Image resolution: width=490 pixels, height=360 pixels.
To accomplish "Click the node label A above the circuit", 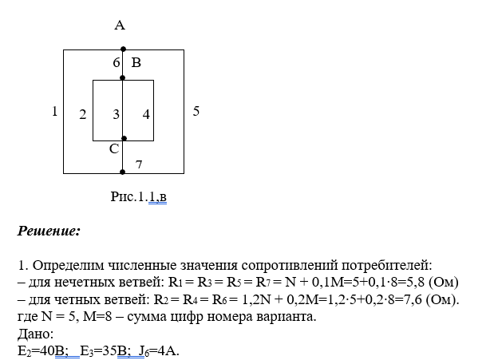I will [120, 26].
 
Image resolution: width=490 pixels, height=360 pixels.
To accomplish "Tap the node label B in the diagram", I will [136, 62].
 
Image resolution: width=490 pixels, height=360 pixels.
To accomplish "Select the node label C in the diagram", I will [114, 148].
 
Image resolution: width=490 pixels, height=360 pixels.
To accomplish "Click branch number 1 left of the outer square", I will [54, 112].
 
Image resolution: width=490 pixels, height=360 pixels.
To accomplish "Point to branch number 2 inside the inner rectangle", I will [83, 114].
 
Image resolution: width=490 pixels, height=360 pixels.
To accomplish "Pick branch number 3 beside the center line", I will [116, 114].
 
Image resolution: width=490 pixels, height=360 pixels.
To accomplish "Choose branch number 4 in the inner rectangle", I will [146, 114].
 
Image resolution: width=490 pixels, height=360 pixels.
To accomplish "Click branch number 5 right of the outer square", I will [196, 112].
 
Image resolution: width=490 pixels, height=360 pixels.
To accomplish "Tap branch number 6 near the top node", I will [116, 62].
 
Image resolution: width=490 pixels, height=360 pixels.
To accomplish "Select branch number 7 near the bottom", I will [137, 164].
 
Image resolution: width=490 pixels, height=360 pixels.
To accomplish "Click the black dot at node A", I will [122, 49].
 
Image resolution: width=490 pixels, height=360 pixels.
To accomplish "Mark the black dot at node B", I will [122, 78].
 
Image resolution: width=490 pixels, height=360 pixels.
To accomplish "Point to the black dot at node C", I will [122, 138].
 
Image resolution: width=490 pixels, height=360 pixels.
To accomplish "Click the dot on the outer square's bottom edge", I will [122, 172].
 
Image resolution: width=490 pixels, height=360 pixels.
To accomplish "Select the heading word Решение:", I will [49, 231].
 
